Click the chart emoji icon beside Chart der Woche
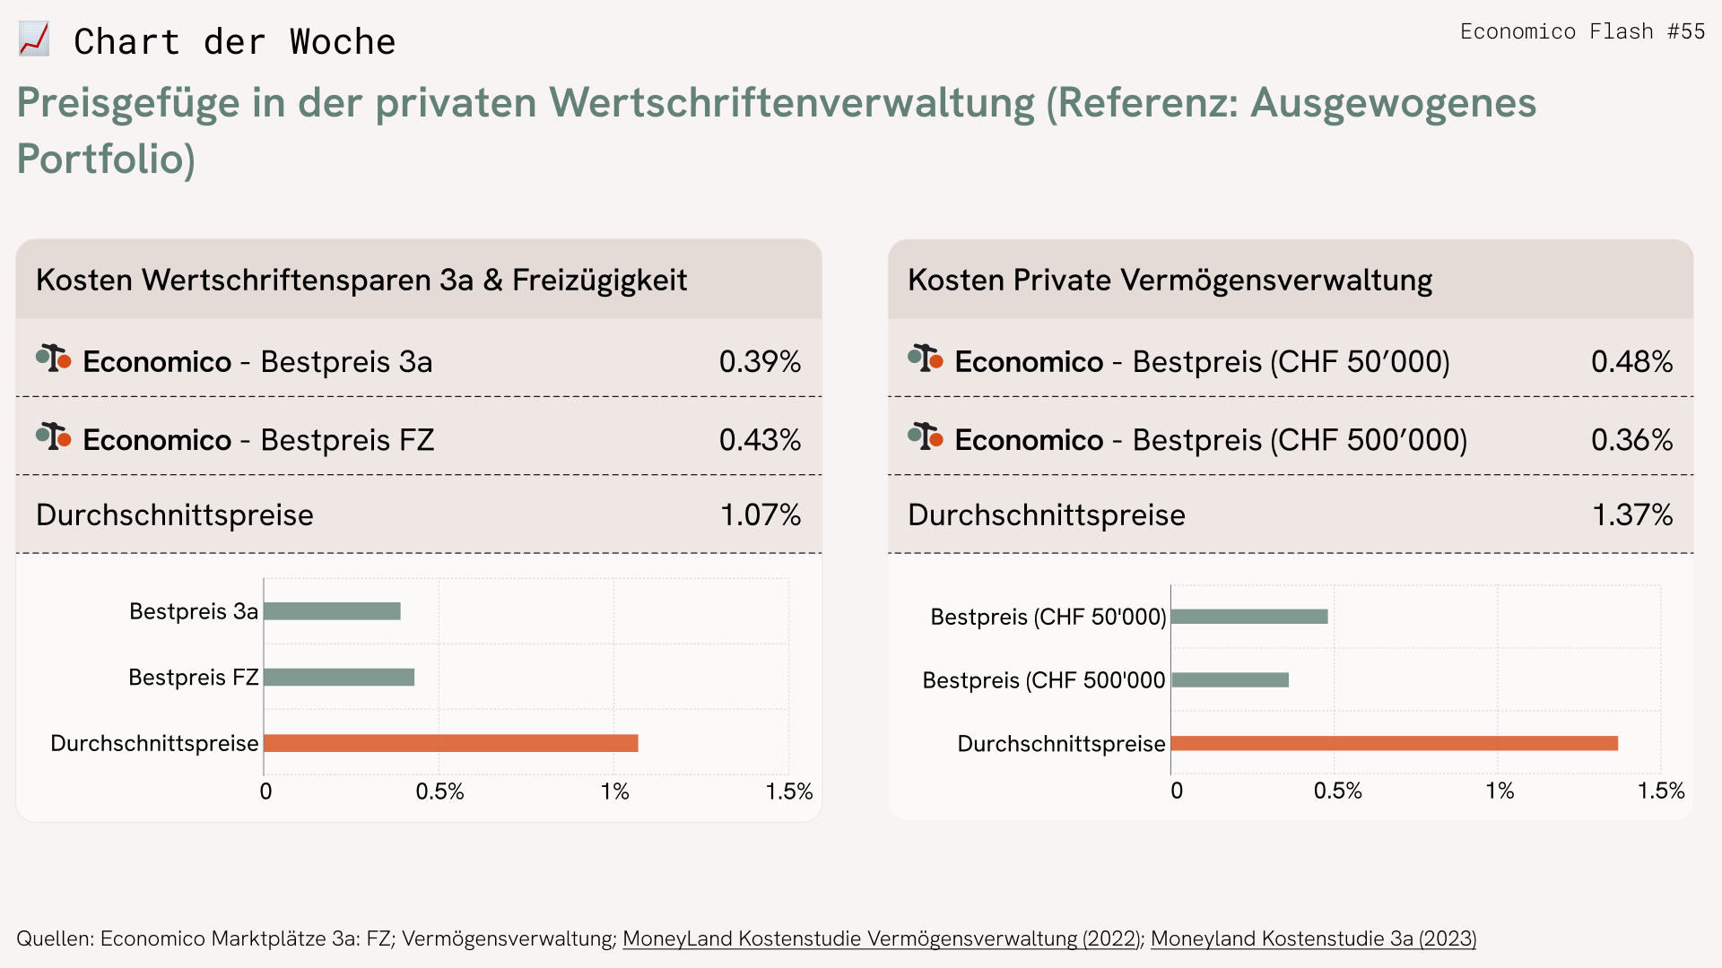click(34, 40)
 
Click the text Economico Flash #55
click(1582, 31)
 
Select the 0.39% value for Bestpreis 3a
click(760, 361)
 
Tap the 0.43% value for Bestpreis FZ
click(760, 439)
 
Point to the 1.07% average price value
click(761, 514)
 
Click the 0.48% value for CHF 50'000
click(1631, 361)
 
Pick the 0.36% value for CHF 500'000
click(1631, 439)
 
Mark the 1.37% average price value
click(1632, 514)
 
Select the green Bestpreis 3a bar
click(332, 611)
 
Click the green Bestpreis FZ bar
click(339, 677)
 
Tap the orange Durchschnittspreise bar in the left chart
click(451, 743)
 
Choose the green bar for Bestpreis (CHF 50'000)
click(1249, 617)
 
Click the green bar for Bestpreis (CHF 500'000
click(1230, 680)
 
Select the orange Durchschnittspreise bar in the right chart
click(1394, 743)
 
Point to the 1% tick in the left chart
click(615, 791)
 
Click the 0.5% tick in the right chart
click(1337, 791)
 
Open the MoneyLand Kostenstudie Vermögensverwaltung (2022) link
click(881, 938)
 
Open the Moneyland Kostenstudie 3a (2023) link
click(1313, 938)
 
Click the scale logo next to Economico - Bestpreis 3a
click(54, 359)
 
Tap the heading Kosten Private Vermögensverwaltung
click(1170, 280)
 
